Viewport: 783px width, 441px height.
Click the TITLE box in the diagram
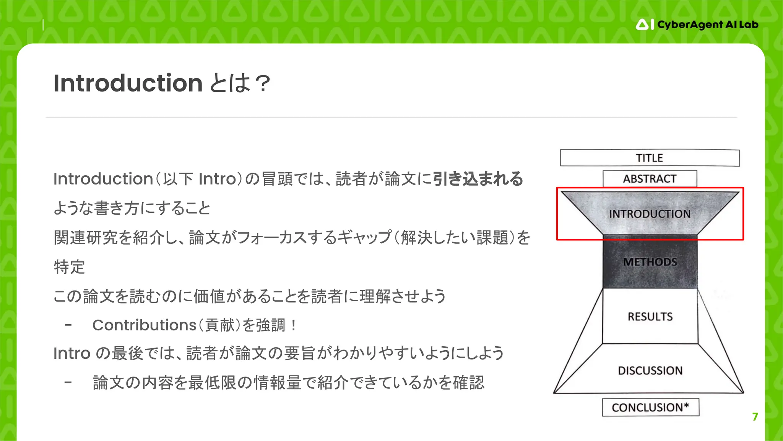(650, 158)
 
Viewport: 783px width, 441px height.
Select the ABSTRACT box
(650, 179)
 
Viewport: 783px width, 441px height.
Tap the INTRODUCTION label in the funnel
(650, 214)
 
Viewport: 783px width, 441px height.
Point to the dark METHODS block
(650, 262)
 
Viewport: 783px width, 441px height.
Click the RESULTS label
(650, 317)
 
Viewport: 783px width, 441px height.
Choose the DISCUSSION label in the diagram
(650, 371)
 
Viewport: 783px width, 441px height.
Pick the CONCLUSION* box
(650, 407)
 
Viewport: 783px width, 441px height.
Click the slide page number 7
(755, 416)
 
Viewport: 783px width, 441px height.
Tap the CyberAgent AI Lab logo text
(707, 24)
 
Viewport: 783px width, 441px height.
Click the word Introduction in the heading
(128, 83)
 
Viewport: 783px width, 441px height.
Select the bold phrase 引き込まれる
(478, 179)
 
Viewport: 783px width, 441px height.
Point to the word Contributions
(144, 325)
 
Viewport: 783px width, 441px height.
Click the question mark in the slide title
(263, 84)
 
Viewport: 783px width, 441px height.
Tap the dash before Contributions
(68, 325)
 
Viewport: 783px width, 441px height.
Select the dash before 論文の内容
(68, 382)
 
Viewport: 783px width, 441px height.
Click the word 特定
(69, 267)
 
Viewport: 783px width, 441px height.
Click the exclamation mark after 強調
(293, 325)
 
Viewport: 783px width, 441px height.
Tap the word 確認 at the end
(468, 382)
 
